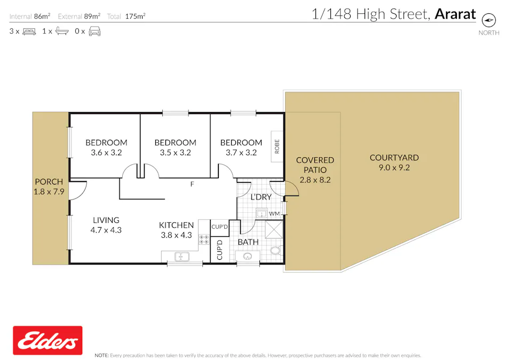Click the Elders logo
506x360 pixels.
[48, 340]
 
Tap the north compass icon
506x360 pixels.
[488, 20]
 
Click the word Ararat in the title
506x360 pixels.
[455, 14]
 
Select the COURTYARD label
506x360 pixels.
[394, 158]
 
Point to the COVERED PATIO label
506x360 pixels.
[315, 170]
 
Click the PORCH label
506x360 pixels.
[49, 182]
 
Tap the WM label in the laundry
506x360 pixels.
[274, 214]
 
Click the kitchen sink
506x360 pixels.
[182, 257]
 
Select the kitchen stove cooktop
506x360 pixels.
[204, 240]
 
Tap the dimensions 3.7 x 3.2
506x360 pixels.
[241, 152]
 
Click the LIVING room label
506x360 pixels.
[106, 220]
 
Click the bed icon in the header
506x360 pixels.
[29, 31]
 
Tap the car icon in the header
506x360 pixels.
[94, 31]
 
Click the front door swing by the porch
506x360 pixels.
[77, 190]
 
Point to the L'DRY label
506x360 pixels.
[261, 197]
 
